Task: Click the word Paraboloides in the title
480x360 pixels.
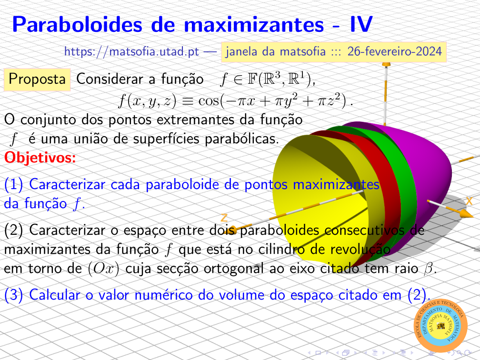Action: [x=77, y=24]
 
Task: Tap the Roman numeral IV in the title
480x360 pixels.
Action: [x=361, y=24]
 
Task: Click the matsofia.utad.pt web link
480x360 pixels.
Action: [x=131, y=51]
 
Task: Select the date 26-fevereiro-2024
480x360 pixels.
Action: [x=395, y=51]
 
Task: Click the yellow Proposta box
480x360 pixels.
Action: [x=37, y=79]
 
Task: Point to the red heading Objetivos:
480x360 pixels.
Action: [x=40, y=158]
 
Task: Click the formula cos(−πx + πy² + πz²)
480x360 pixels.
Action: [x=272, y=100]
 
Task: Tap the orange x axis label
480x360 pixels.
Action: [x=469, y=201]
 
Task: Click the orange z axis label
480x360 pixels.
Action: [x=224, y=218]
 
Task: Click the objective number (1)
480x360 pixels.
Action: [x=13, y=185]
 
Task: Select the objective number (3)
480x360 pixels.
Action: [x=13, y=295]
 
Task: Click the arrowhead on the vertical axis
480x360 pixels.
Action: [x=386, y=64]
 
